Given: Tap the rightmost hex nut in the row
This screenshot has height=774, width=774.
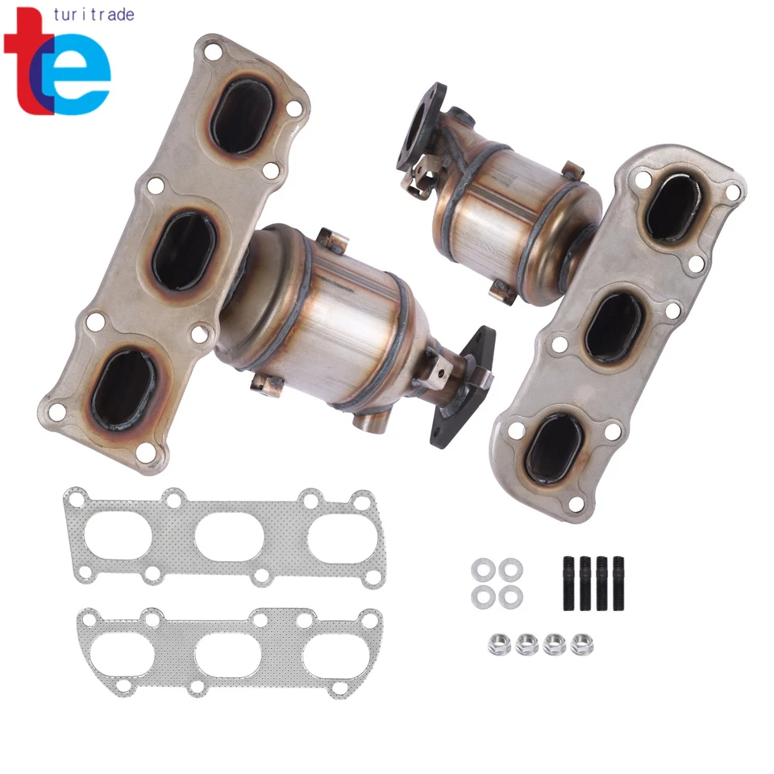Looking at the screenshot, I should click(x=580, y=644).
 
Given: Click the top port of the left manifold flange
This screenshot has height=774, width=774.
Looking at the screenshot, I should click(x=241, y=118).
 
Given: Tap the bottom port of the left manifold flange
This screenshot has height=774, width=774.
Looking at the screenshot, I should click(x=123, y=389).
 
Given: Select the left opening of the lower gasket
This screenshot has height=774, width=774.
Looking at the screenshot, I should click(x=121, y=654).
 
